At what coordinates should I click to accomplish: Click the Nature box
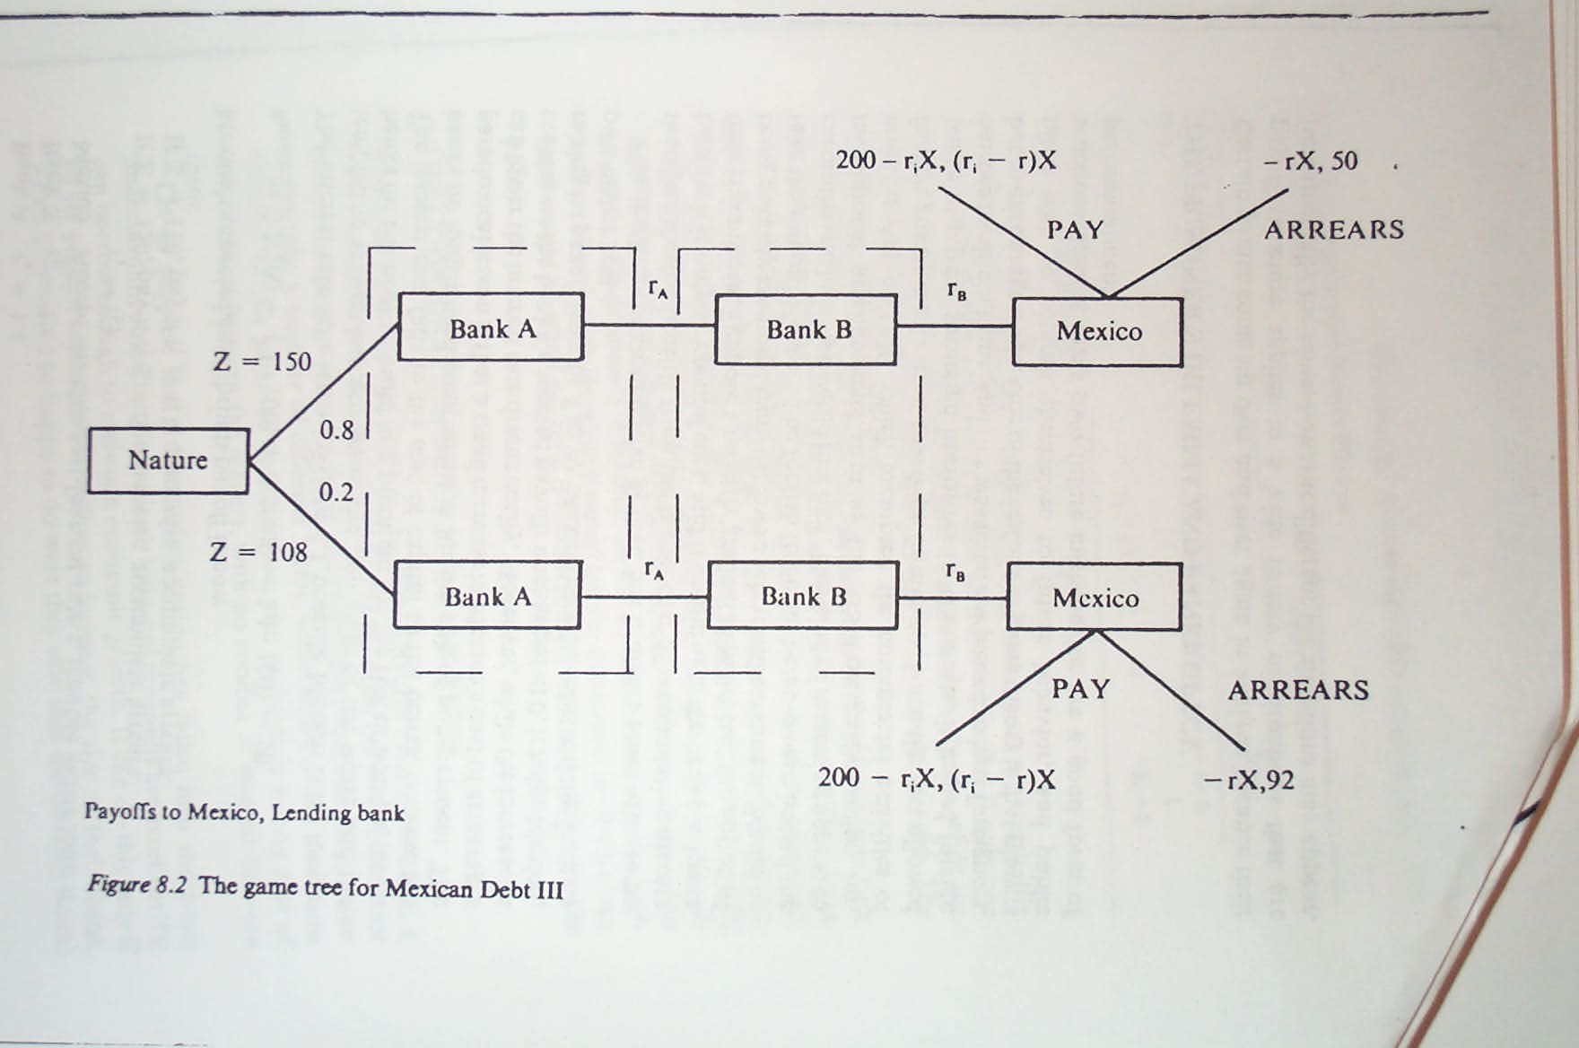point(168,460)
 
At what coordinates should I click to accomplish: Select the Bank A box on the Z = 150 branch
point(491,327)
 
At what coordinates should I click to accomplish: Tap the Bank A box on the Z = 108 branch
point(487,596)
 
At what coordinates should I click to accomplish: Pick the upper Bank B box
point(806,329)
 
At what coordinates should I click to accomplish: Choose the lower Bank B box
point(802,596)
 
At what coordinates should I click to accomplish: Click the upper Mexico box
point(1097,331)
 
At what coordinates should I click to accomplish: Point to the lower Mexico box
point(1094,598)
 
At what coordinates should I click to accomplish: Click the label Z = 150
point(262,362)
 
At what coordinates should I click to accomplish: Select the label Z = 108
point(258,552)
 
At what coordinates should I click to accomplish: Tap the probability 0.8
point(336,431)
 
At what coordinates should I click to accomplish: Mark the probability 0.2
point(336,493)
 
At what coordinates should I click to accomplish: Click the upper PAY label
point(1075,230)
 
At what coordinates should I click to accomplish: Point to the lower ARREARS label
point(1298,690)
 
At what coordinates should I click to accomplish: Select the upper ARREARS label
point(1334,230)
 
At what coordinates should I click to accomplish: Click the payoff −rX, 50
point(1310,162)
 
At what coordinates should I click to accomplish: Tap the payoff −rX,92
point(1249,780)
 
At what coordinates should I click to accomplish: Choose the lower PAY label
point(1081,689)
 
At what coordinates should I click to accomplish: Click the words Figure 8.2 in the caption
point(136,885)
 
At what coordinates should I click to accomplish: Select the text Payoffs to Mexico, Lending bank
point(244,812)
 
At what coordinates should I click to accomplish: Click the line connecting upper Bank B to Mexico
point(954,326)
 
